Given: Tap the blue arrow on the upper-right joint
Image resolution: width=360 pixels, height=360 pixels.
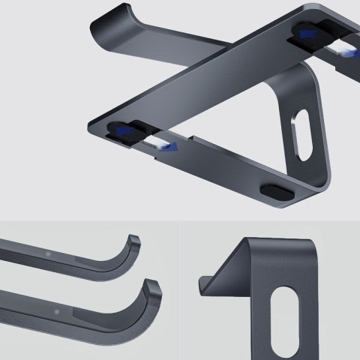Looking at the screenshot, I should coord(307,33).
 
